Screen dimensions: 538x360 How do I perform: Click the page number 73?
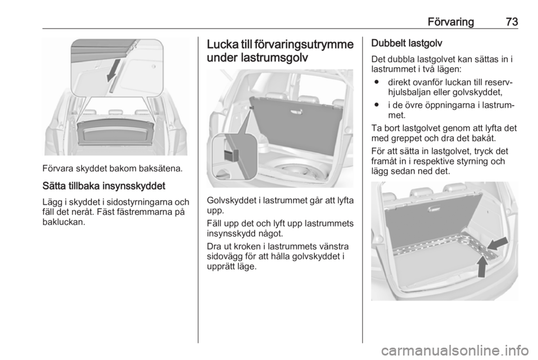(511, 22)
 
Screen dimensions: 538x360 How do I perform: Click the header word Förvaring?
(451, 22)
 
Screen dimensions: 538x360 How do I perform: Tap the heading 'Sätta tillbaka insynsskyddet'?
(104, 186)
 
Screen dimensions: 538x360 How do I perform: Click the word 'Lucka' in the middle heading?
(223, 44)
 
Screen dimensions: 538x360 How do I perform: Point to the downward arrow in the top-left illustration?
(114, 70)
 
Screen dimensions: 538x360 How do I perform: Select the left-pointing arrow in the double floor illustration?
(498, 243)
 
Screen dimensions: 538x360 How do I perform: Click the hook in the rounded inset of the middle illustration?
(230, 155)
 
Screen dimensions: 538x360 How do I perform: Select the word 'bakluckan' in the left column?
(63, 222)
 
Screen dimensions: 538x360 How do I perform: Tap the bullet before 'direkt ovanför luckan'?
(377, 82)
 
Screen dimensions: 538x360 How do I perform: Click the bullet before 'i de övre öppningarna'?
(377, 105)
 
